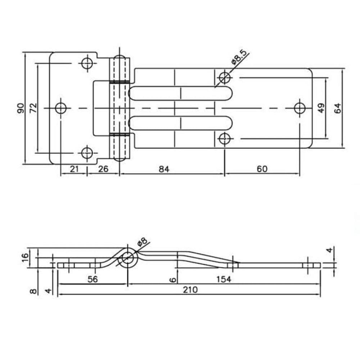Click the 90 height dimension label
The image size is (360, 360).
click(21, 108)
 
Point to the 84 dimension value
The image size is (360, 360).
click(164, 169)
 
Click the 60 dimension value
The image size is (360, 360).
click(262, 169)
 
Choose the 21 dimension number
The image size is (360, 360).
click(74, 169)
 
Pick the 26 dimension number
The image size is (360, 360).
click(103, 169)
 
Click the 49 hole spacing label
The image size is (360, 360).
click(321, 108)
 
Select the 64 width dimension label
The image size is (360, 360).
click(337, 108)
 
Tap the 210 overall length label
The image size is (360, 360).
click(190, 290)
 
